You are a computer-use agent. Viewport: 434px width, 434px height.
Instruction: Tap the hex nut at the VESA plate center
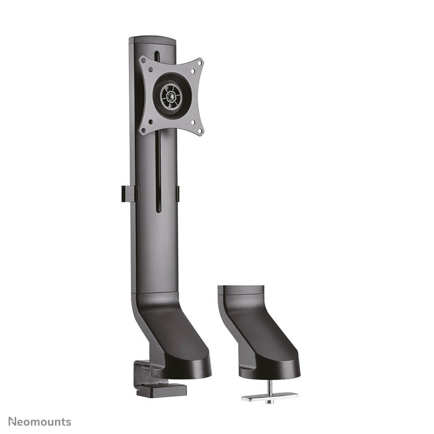(x=168, y=96)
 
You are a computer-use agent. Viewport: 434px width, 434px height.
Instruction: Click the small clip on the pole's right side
(x=177, y=193)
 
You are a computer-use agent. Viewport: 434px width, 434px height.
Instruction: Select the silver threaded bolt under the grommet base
(x=270, y=387)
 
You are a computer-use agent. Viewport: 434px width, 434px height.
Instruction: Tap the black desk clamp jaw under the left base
(x=160, y=389)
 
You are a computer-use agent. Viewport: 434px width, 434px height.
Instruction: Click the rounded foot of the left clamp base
(x=186, y=366)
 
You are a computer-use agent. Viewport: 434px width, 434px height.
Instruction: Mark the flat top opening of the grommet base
(x=241, y=290)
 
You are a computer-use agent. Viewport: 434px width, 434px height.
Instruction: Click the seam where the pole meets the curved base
(x=153, y=292)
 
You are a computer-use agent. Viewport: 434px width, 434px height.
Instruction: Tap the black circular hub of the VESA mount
(x=168, y=96)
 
